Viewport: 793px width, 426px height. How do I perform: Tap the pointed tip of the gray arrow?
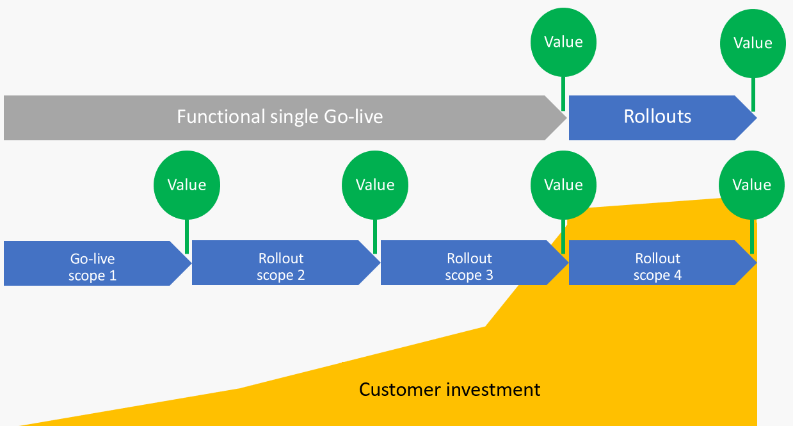tap(563, 118)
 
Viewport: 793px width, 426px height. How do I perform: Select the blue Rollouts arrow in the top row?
tap(657, 117)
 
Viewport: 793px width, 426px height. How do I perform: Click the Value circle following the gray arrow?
tap(563, 42)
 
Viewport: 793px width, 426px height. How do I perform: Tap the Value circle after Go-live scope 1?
tap(187, 185)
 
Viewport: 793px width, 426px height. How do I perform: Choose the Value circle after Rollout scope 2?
tap(375, 185)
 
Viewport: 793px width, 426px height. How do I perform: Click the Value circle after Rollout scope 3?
tap(563, 185)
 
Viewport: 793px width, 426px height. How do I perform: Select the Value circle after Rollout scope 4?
tap(751, 185)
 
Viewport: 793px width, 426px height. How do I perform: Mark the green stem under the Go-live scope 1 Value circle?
tap(187, 235)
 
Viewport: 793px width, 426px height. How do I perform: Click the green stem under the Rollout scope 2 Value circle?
tap(375, 235)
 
